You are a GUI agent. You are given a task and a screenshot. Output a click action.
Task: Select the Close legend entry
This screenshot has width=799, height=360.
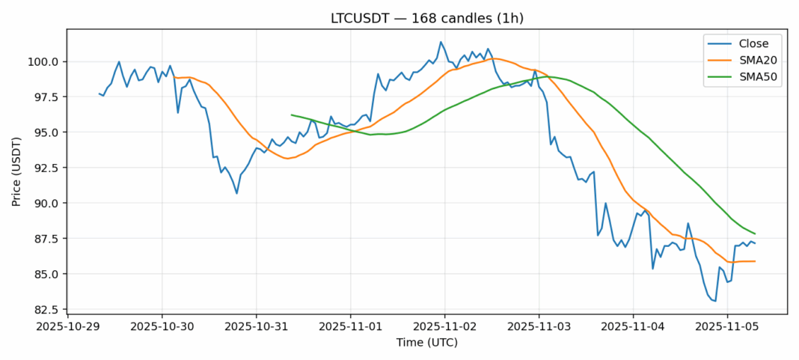748,43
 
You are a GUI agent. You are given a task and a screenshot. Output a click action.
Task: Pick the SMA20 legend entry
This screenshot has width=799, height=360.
752,60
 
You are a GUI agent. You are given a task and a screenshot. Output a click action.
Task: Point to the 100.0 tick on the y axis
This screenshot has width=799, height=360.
44,61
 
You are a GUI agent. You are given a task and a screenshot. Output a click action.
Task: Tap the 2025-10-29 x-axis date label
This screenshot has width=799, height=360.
68,326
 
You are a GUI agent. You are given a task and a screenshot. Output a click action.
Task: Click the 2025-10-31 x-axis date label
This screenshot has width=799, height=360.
256,326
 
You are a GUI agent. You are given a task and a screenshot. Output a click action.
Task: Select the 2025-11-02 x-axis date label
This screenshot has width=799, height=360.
444,326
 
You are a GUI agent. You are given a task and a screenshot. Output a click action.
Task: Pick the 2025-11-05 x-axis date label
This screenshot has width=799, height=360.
726,326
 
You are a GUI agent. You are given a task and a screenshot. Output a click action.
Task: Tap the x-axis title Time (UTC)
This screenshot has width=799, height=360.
427,343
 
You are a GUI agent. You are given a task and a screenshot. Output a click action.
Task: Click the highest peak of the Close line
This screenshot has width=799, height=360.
441,42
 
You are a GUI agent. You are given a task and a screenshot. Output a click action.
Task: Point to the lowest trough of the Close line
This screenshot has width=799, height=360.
715,301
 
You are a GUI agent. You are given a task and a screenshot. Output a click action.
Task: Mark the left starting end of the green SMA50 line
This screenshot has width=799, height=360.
291,115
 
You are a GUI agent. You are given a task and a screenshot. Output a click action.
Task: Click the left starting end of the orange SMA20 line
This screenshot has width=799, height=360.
174,77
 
